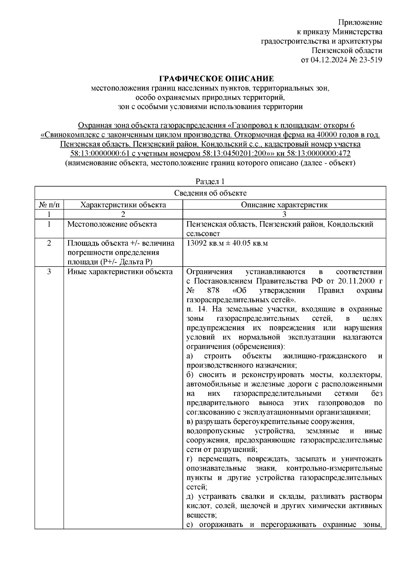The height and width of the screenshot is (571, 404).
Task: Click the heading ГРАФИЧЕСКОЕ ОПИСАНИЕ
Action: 216,79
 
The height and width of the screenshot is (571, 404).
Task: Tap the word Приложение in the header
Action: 360,23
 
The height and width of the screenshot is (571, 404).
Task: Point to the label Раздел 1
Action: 210,182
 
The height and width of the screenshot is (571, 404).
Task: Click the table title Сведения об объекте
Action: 210,193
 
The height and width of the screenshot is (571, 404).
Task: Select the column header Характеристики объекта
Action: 124,205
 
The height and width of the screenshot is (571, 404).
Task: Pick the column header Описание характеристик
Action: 284,205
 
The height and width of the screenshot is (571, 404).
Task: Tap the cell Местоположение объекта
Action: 112,224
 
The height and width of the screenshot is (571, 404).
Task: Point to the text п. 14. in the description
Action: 197,309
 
